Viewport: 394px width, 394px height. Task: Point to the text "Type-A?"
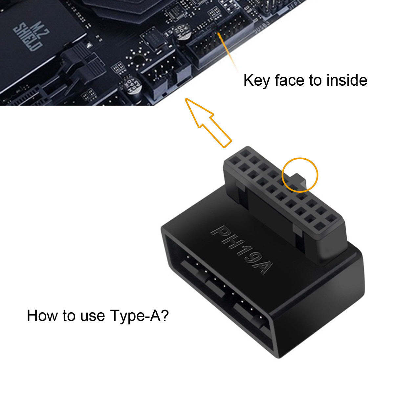[140, 316]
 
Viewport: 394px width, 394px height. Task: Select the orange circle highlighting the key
[301, 174]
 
